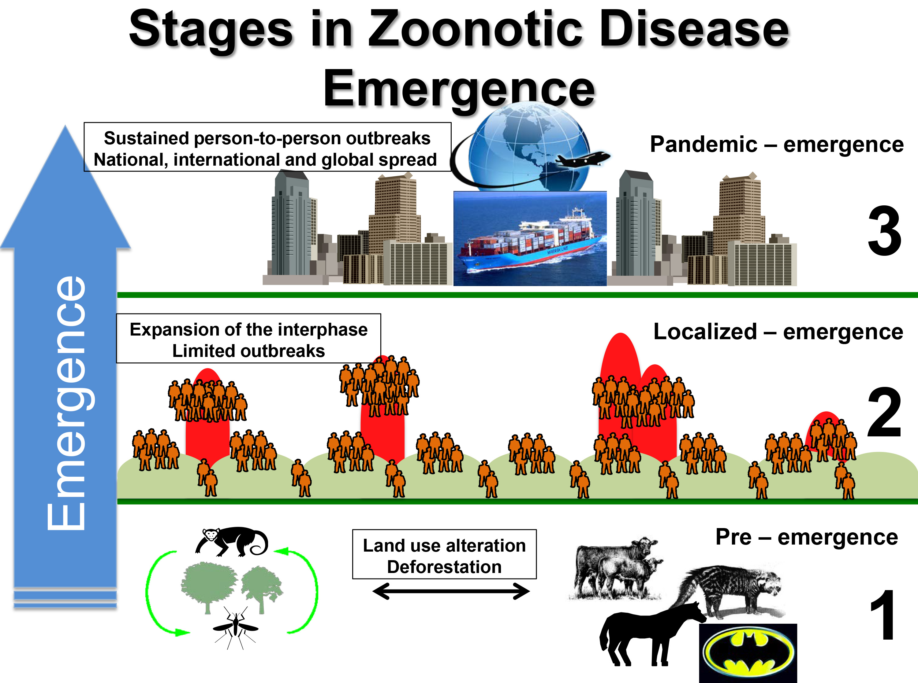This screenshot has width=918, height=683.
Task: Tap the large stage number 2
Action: (884, 413)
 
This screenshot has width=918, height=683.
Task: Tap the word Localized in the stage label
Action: (705, 332)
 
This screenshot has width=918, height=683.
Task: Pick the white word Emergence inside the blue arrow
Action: (66, 403)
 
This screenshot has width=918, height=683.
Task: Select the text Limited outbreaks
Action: (248, 351)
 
